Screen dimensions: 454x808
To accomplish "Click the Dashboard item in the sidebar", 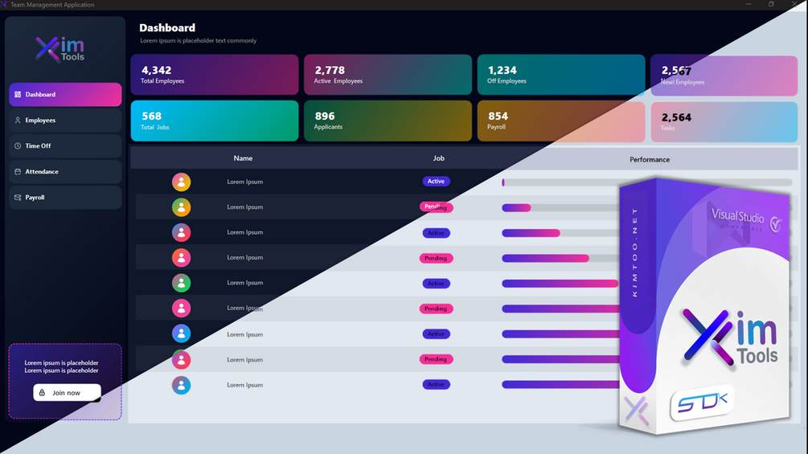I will (x=65, y=95).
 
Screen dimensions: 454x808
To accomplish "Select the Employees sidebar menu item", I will (x=65, y=121).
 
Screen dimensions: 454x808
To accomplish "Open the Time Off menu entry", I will (x=65, y=146).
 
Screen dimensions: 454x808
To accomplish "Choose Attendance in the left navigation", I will (x=65, y=172).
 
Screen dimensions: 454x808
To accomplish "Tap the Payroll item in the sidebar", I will (x=65, y=198).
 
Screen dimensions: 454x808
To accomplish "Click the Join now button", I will (x=67, y=393).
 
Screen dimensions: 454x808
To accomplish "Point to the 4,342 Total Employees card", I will (x=214, y=75).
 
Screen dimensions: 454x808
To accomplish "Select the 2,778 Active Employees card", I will (x=388, y=75).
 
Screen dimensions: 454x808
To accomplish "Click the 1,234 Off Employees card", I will (x=560, y=75).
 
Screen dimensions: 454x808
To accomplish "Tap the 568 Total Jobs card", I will (x=214, y=121).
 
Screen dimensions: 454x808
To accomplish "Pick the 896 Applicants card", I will (x=388, y=121).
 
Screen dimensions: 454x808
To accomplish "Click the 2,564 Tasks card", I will (x=724, y=121).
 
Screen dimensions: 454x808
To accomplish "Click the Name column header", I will (x=243, y=158).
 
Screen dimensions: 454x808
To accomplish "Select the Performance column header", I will (x=650, y=159).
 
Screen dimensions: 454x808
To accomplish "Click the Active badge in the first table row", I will (x=436, y=182).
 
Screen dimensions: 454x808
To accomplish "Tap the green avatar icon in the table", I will (x=182, y=283).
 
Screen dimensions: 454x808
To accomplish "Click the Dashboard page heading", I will (x=167, y=28).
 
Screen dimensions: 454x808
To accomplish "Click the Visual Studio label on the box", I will (x=738, y=215).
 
